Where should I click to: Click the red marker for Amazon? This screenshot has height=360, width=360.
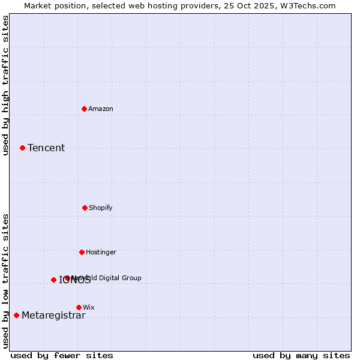[x=85, y=109]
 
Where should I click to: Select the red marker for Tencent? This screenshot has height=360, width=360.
[x=22, y=148]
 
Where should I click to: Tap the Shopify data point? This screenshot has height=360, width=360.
[x=85, y=208]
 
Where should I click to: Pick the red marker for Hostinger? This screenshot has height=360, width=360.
[x=82, y=252]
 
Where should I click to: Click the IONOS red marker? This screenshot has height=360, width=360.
[x=53, y=280]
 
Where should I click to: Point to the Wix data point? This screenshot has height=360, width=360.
[x=79, y=307]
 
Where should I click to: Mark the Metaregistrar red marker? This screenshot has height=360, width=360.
[x=16, y=315]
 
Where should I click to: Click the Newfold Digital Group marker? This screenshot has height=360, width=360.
[x=67, y=278]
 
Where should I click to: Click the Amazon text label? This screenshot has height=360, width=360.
[x=101, y=109]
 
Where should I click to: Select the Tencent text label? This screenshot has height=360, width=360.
[x=46, y=148]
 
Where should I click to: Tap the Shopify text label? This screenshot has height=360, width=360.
[x=101, y=208]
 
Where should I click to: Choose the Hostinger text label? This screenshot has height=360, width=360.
[x=101, y=252]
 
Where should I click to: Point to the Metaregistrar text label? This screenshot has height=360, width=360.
[x=53, y=316]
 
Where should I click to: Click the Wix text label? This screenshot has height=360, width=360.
[x=89, y=307]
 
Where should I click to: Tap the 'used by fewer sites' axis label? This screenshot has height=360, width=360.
[x=62, y=355]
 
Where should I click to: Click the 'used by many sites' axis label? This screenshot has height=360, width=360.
[x=301, y=355]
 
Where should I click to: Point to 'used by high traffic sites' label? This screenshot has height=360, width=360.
[x=5, y=85]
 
